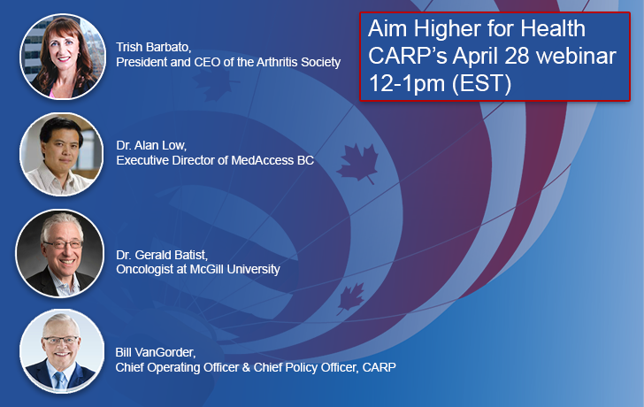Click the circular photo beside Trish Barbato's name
(63, 57)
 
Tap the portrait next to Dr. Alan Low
(62, 155)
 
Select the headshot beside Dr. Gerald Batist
(60, 253)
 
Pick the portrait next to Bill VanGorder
(62, 351)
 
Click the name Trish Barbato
(153, 47)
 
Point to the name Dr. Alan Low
(151, 145)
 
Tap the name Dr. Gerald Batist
(161, 255)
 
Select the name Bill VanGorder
(155, 352)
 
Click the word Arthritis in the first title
(277, 62)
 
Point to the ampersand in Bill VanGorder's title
(246, 367)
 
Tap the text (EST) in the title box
(482, 83)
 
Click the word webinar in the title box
(576, 56)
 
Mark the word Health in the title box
(553, 28)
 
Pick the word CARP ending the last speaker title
(379, 367)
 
